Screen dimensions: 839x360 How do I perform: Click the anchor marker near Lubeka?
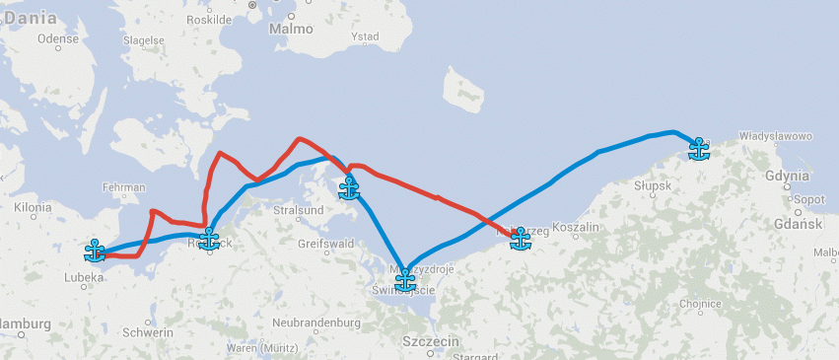[95, 250]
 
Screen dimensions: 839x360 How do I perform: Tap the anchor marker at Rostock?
[209, 238]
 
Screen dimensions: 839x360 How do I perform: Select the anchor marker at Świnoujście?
[405, 280]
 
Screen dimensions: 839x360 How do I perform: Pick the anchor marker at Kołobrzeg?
[521, 238]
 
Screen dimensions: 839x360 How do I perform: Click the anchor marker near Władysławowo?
[699, 148]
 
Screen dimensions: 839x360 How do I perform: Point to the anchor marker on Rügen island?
[349, 187]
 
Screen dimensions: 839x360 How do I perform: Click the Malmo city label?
[290, 30]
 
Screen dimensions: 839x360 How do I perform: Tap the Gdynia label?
[786, 176]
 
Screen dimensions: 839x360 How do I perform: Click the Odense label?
[57, 38]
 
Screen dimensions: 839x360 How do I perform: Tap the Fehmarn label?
[122, 187]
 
